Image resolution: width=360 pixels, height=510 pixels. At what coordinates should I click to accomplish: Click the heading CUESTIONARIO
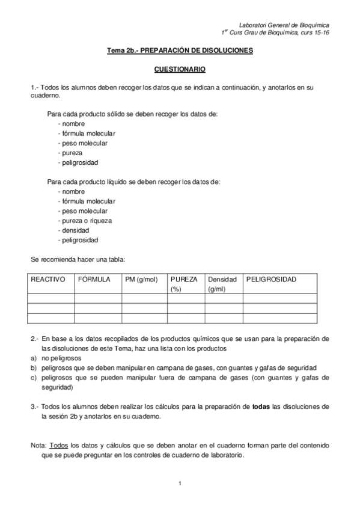click(180, 70)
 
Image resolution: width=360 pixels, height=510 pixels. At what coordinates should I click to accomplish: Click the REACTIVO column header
click(48, 280)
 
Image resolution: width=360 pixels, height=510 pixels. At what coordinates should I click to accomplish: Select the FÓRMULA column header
click(94, 280)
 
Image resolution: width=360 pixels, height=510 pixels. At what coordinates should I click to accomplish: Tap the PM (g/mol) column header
click(141, 280)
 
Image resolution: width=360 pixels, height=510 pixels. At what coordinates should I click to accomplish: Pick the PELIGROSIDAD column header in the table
click(272, 280)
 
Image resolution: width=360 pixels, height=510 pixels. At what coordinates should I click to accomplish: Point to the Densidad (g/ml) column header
click(222, 284)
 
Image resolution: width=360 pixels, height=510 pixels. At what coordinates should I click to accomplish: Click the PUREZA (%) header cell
click(184, 284)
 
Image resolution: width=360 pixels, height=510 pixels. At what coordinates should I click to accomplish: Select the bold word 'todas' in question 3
click(260, 407)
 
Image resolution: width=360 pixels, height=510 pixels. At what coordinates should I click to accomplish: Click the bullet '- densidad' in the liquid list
click(73, 230)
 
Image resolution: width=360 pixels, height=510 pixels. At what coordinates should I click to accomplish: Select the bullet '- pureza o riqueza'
click(85, 221)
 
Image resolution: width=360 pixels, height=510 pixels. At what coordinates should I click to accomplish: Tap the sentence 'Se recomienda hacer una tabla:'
click(78, 260)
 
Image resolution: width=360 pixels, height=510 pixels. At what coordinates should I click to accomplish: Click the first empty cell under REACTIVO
click(51, 298)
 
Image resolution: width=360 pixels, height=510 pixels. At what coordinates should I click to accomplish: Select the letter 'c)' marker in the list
click(34, 377)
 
